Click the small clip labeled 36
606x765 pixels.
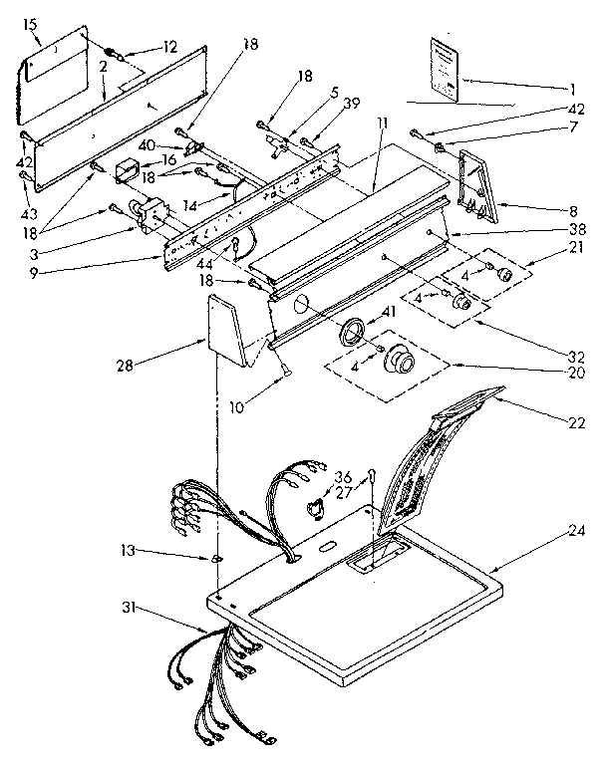click(316, 510)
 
